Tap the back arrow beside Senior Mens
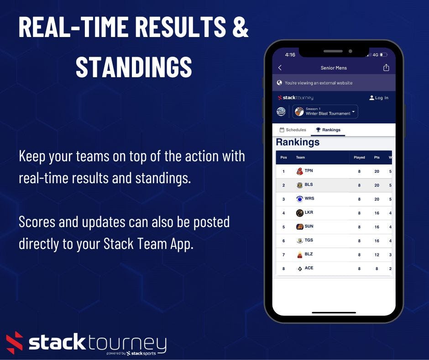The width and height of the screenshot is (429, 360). [280, 68]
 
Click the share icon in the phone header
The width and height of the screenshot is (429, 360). [386, 68]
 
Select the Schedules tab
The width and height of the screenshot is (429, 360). [293, 130]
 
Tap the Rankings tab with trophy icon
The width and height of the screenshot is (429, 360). [328, 130]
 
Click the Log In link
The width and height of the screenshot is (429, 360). [379, 98]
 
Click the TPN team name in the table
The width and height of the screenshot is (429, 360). [309, 171]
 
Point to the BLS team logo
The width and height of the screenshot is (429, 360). [299, 185]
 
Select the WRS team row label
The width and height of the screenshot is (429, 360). [309, 199]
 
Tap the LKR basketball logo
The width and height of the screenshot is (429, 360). [299, 213]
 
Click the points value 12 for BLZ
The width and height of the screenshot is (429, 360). [377, 255]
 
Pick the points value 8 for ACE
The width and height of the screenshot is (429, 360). [377, 269]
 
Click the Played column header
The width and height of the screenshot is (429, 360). [359, 158]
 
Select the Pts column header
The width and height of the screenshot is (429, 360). [377, 158]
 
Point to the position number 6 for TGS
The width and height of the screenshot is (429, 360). [283, 241]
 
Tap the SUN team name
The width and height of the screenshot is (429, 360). [309, 227]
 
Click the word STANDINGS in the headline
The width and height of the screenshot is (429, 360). [134, 67]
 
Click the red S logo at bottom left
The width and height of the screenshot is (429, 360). [15, 343]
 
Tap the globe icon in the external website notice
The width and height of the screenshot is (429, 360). [279, 83]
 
